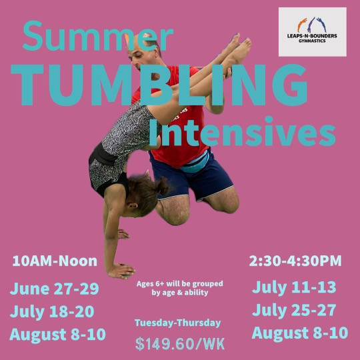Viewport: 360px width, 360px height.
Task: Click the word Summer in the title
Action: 97,36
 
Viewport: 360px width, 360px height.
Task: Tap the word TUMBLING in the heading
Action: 159,85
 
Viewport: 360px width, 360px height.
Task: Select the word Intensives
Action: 243,131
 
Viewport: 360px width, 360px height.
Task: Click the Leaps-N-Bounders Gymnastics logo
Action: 313,32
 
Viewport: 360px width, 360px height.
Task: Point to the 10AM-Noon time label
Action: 55,261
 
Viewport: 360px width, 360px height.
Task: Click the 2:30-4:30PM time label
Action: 295,261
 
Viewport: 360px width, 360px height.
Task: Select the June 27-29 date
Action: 55,289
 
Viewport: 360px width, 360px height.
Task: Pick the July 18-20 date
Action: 52,311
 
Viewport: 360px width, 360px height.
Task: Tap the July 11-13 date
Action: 294,287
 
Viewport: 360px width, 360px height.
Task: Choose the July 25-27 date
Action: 294,310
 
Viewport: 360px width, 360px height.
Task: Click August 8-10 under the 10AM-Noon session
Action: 57,335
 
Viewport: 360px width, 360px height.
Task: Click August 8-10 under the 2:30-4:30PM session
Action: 300,333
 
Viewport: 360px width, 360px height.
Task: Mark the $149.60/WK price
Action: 180,344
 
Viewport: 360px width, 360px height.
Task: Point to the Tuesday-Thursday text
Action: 178,323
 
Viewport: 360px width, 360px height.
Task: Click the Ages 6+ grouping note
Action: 180,288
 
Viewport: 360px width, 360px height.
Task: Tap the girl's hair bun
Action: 163,185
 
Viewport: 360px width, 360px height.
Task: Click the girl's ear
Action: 133,205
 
